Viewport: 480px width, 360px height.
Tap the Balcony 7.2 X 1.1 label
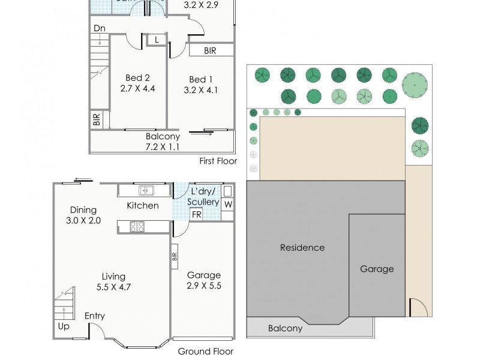[x=163, y=142]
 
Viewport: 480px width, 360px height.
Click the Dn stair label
[x=100, y=28]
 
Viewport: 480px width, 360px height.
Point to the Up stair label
[x=63, y=326]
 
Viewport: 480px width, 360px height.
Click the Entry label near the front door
[x=95, y=316]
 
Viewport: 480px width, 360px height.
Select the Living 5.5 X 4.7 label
[x=113, y=281]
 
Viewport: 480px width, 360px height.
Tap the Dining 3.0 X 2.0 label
[x=83, y=215]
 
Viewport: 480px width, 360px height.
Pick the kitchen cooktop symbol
[x=137, y=226]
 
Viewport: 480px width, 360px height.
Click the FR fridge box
[x=196, y=214]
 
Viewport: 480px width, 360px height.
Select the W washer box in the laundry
[x=227, y=204]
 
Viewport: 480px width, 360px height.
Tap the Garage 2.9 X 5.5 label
[x=203, y=280]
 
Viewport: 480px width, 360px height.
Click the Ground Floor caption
[x=206, y=352]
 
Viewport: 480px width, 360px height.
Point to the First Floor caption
[x=218, y=161]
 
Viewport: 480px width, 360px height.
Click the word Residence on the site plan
[x=302, y=247]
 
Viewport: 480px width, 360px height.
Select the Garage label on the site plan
[x=377, y=269]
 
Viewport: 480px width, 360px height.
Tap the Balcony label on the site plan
[x=285, y=328]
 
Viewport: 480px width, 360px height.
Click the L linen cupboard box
[x=157, y=40]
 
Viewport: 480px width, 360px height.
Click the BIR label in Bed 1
[x=210, y=51]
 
